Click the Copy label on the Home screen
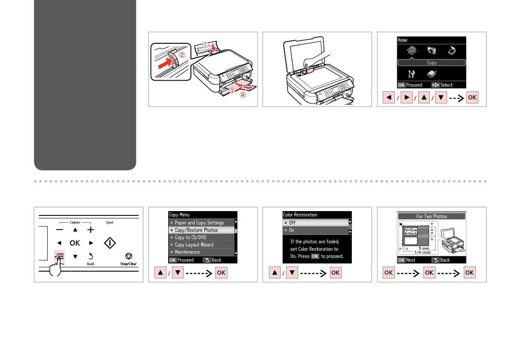click(432, 63)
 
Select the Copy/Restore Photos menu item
click(196, 230)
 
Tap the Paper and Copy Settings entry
click(199, 223)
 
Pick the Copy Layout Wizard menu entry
click(194, 245)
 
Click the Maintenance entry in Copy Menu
click(187, 252)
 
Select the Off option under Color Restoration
click(292, 223)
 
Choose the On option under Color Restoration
click(292, 230)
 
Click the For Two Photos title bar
click(432, 216)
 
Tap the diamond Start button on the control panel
click(110, 243)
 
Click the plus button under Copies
click(91, 230)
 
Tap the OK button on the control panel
click(75, 243)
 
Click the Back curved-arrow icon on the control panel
click(91, 256)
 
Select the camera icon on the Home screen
click(432, 51)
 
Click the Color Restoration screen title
click(300, 215)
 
